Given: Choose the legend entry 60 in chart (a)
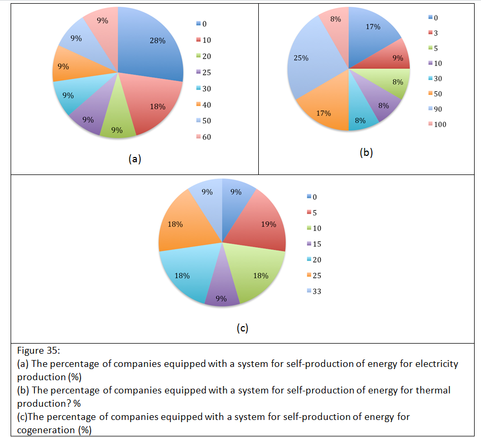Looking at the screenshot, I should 206,137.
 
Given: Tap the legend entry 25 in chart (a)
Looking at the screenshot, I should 206,73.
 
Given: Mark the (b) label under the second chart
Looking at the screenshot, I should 366,153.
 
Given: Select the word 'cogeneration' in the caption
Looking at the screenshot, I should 46,430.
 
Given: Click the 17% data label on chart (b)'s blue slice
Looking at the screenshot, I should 373,27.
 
